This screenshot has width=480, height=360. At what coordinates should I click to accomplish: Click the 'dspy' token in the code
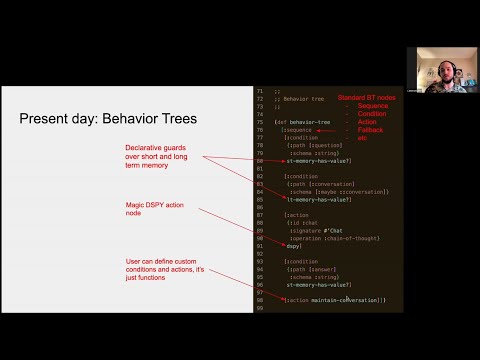tap(293, 246)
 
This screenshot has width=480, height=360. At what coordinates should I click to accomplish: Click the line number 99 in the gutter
tap(260, 308)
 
